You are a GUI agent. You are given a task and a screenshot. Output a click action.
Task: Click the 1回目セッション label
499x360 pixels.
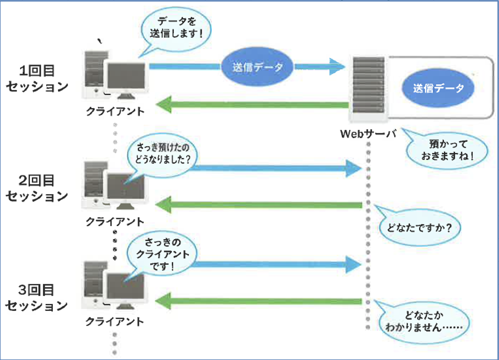click(x=36, y=79)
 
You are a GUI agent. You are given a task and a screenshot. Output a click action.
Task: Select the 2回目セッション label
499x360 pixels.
click(x=36, y=188)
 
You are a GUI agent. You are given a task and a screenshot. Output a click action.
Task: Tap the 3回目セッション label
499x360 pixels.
click(x=36, y=298)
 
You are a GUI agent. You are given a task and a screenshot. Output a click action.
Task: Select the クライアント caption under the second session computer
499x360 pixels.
click(x=115, y=222)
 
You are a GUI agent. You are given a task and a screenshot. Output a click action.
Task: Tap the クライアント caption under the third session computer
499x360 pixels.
click(x=115, y=321)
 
